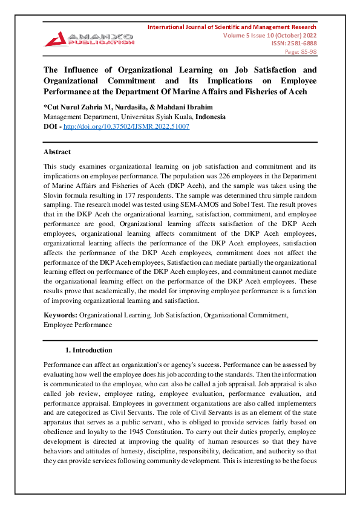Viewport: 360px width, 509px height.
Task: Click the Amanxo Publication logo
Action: (x=88, y=37)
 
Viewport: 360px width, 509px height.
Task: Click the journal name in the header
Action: (x=232, y=27)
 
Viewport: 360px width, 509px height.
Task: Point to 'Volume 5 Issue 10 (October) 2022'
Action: (x=266, y=35)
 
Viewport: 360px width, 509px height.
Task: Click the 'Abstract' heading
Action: (x=57, y=152)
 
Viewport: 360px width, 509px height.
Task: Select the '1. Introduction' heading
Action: (x=88, y=350)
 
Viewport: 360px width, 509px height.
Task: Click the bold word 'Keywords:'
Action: (x=60, y=315)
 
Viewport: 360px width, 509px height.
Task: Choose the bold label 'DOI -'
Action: (x=52, y=126)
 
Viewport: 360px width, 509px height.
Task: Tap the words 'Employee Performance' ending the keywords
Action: (x=77, y=324)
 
